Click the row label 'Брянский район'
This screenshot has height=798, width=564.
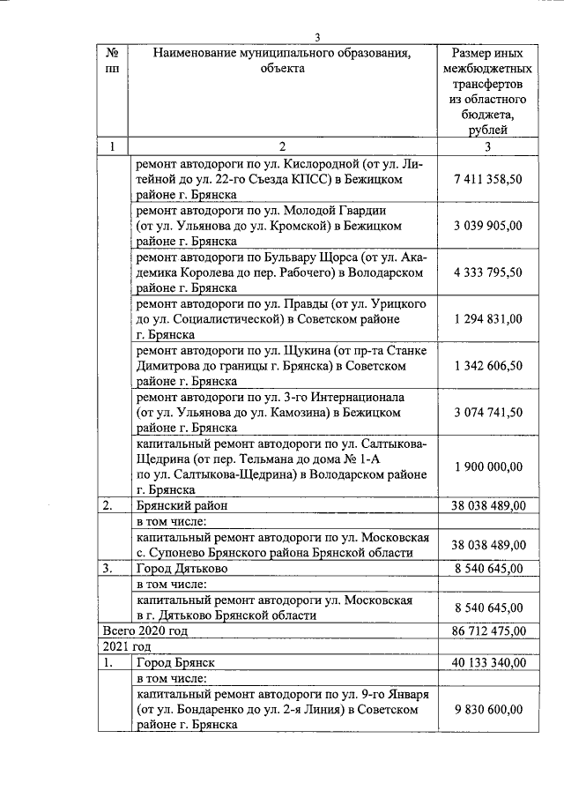(176, 506)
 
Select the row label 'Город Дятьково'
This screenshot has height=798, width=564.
(179, 569)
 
